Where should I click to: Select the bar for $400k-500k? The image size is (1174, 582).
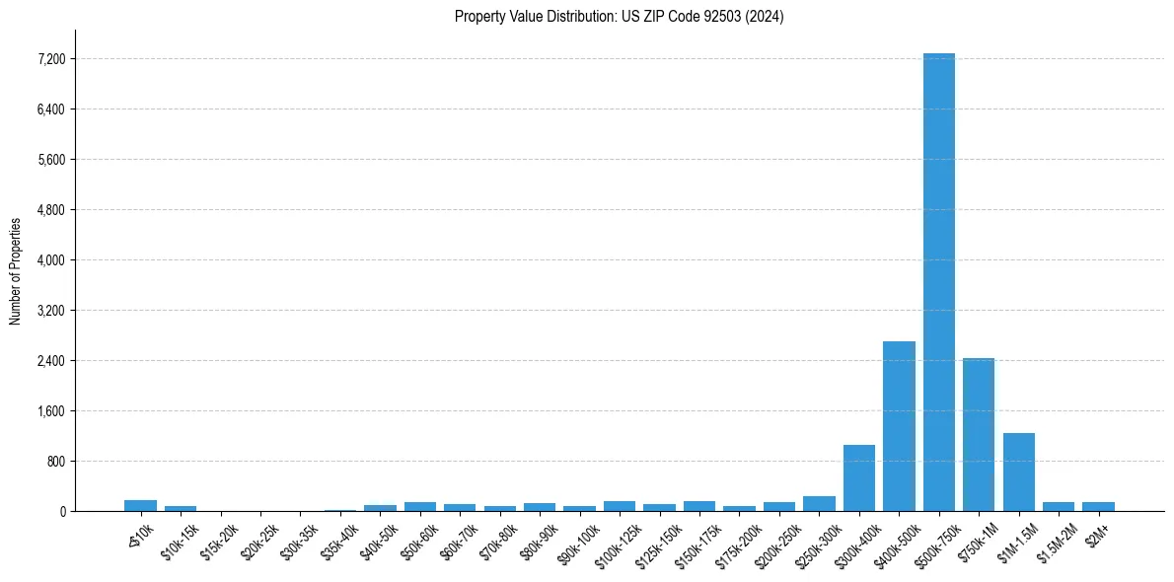(x=899, y=426)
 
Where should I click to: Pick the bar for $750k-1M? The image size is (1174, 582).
(x=979, y=434)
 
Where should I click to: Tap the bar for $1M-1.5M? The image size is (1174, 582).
(x=1018, y=472)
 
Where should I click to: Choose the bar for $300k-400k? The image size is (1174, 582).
(x=858, y=477)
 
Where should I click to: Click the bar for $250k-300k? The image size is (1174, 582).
(x=819, y=503)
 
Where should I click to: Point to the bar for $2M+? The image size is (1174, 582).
(x=1098, y=506)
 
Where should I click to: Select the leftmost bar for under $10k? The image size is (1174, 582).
(x=140, y=505)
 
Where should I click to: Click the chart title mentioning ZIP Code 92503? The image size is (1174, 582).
(x=619, y=17)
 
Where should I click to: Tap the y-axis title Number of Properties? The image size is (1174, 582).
(x=16, y=270)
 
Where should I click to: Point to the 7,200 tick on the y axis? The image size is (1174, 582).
(x=49, y=59)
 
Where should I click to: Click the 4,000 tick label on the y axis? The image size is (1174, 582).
(x=49, y=260)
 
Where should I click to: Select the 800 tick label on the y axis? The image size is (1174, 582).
(x=55, y=462)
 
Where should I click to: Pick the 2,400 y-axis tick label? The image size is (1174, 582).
(x=49, y=361)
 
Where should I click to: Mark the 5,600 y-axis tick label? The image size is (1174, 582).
(x=49, y=160)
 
